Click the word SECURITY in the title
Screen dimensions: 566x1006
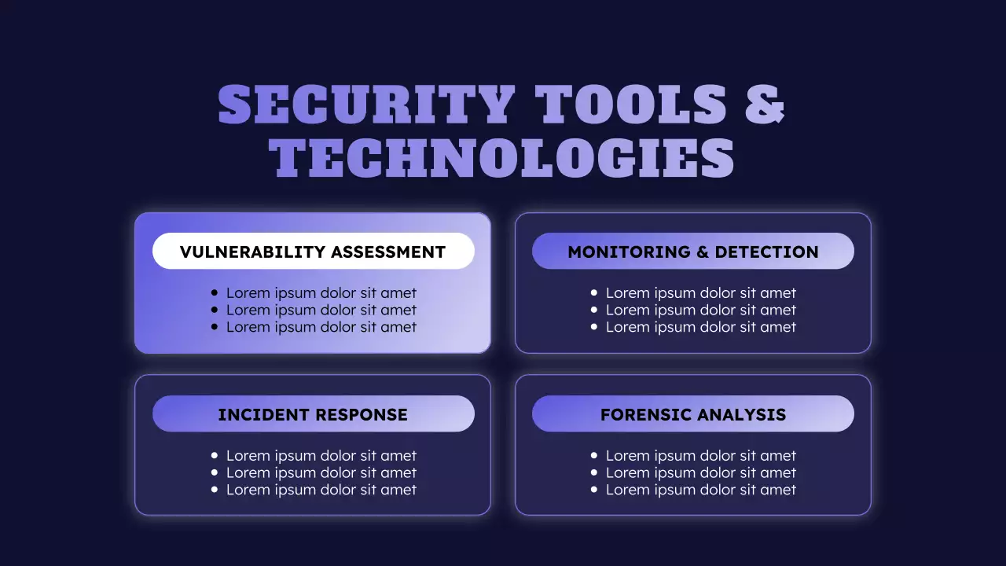[366, 105]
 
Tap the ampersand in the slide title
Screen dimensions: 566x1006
[765, 105]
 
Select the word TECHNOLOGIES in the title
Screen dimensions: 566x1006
[503, 158]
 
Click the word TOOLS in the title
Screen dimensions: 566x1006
[630, 105]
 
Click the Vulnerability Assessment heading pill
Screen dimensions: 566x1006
[313, 252]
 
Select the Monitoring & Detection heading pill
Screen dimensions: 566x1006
[692, 252]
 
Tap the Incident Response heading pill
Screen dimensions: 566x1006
[313, 414]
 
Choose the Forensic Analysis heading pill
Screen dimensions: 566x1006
[692, 414]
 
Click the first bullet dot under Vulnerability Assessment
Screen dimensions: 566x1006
[215, 293]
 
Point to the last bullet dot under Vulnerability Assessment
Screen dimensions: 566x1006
[215, 327]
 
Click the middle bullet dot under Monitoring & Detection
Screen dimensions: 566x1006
[594, 311]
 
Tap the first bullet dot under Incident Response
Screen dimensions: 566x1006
[215, 456]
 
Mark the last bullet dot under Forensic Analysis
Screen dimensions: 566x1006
[594, 490]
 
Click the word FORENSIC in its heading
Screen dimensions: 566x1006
[643, 415]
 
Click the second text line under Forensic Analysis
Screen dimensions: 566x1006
[700, 472]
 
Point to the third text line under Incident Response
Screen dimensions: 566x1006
[321, 490]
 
